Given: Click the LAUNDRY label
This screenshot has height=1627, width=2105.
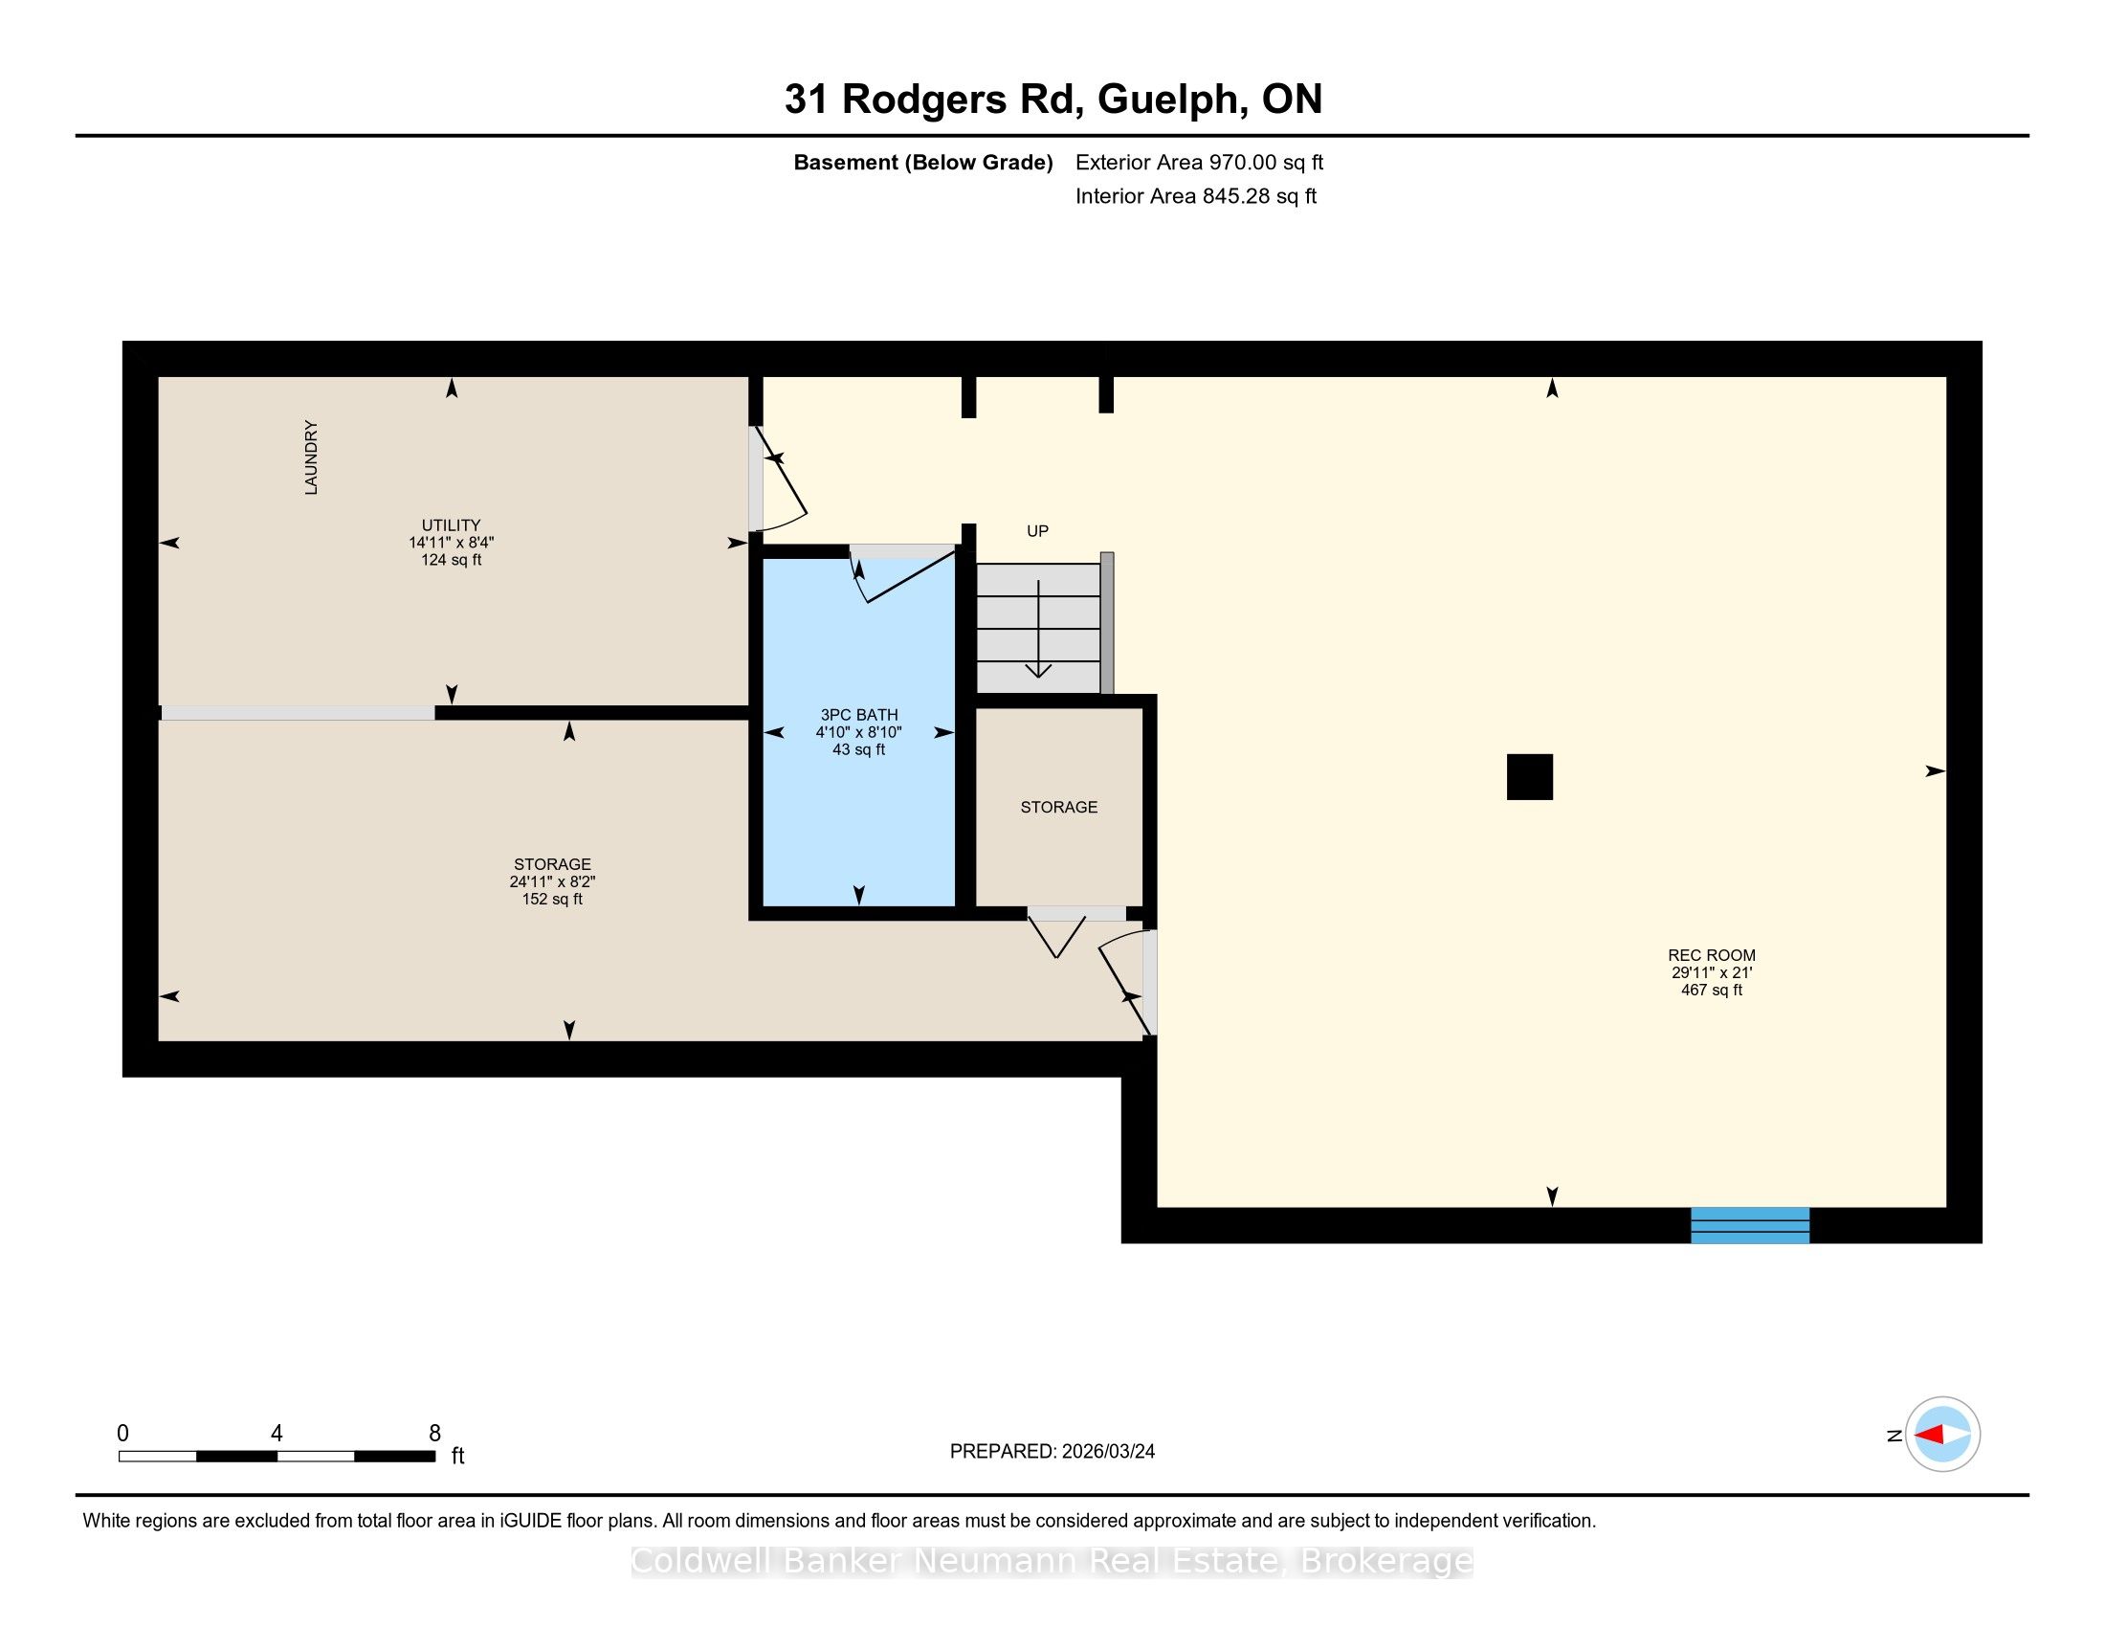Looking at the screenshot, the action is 311,457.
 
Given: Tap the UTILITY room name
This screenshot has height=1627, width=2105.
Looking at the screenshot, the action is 451,525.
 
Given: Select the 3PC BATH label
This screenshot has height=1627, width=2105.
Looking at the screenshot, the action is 859,715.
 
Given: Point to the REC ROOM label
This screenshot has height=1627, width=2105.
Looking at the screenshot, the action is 1712,955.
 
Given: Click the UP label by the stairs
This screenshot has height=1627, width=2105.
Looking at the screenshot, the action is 1037,531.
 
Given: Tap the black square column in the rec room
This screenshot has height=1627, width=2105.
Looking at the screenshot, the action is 1530,777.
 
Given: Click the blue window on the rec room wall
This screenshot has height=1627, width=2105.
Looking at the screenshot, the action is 1750,1225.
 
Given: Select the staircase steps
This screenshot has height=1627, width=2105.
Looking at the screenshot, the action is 1039,629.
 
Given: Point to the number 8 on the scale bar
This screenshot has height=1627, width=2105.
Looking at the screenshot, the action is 434,1434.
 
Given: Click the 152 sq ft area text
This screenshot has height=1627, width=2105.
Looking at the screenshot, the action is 552,900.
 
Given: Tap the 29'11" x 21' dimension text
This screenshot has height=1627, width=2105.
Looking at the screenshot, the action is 1712,972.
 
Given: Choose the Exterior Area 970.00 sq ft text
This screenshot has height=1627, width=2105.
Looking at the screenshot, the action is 1199,162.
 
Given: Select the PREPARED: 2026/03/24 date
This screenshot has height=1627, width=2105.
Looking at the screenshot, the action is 1052,1452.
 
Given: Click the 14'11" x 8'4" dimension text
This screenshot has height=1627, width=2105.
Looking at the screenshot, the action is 451,543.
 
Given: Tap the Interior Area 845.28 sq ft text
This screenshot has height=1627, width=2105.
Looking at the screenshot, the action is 1196,195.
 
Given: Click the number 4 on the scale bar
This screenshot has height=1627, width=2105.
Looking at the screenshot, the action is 277,1434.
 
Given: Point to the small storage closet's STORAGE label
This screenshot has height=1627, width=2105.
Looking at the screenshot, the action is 1059,808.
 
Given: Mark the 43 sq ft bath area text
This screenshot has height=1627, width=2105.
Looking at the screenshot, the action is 859,750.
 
